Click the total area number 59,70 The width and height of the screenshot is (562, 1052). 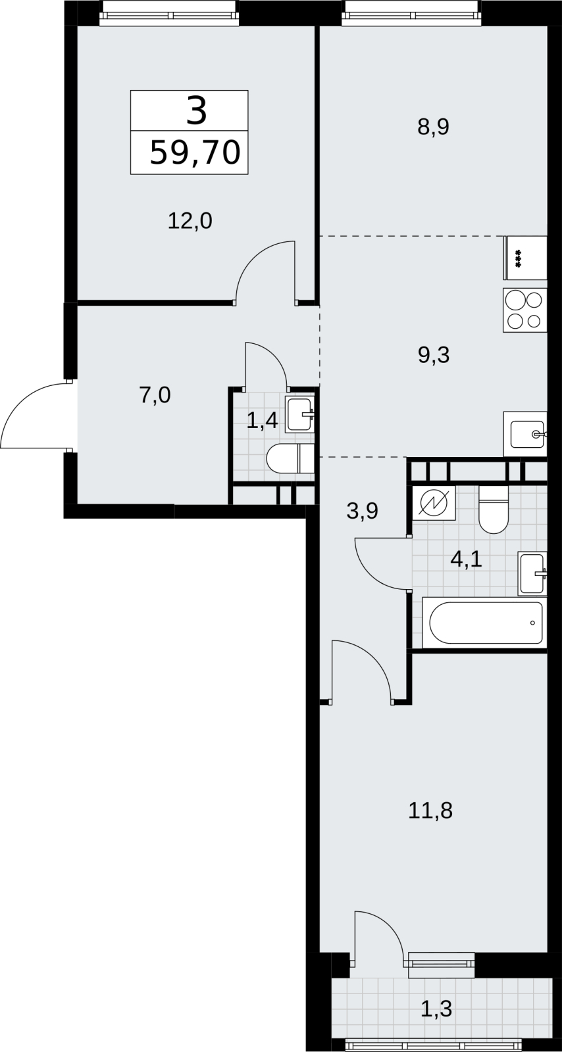(195, 153)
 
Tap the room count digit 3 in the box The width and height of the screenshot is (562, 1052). (196, 111)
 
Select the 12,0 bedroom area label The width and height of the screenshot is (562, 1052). (190, 221)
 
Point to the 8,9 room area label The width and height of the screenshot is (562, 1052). (433, 127)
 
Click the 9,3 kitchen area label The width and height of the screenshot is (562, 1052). (433, 355)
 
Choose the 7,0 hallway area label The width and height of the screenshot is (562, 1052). (155, 395)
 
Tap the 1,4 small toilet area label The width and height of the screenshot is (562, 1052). (262, 420)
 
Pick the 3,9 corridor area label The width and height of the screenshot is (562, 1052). (363, 511)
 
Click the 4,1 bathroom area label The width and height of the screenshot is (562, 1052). (466, 560)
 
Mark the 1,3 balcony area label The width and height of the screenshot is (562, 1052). (436, 1009)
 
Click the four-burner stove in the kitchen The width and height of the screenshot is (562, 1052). (525, 310)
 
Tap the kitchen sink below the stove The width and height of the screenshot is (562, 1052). (525, 434)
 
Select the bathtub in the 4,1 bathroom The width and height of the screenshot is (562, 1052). (484, 623)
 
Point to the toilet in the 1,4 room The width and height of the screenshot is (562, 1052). (290, 458)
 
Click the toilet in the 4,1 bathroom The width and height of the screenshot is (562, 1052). (494, 510)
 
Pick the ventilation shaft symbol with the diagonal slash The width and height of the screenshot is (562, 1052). (434, 504)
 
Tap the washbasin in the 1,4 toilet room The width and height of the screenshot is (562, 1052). (299, 414)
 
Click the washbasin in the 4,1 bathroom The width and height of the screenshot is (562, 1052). (532, 574)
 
